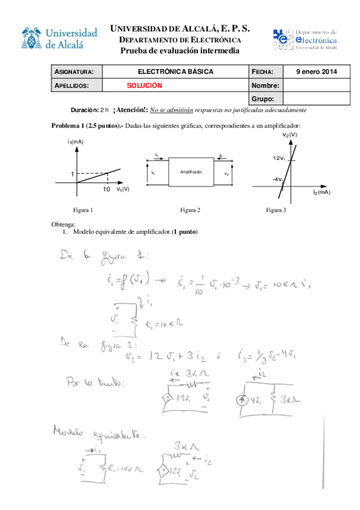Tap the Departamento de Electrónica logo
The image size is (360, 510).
pyautogui.click(x=305, y=38)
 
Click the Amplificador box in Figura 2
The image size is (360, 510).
pyautogui.click(x=191, y=172)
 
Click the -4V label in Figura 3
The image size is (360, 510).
pyautogui.click(x=277, y=180)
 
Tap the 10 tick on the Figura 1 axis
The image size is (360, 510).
pyautogui.click(x=106, y=189)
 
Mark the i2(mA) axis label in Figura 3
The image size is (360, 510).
pyautogui.click(x=322, y=192)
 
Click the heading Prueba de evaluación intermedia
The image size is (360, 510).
pyautogui.click(x=180, y=50)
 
